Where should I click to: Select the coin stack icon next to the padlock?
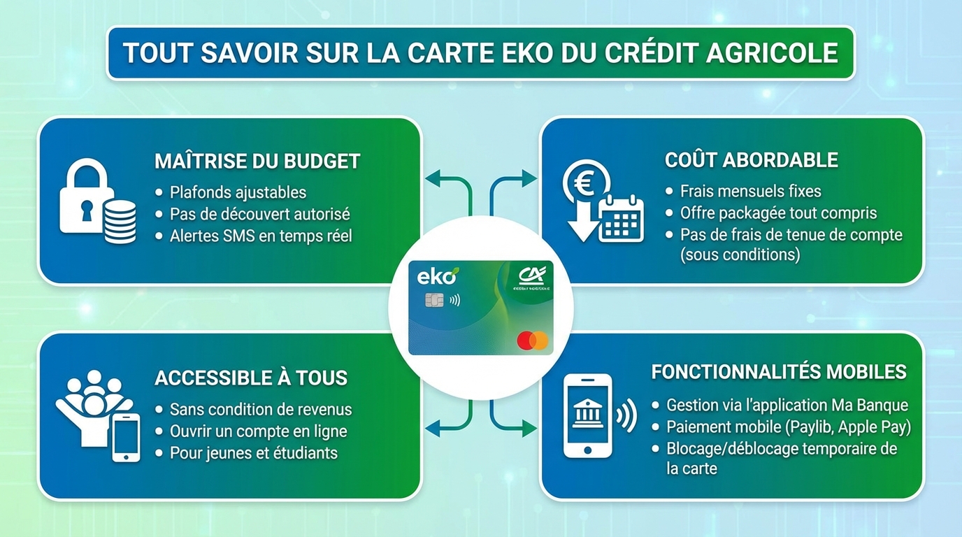coord(120,220)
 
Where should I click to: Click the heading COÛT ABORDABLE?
coord(751,160)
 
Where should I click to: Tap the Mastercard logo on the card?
coord(533,341)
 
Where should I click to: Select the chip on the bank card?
coord(433,300)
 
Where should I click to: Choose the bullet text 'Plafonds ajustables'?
coord(238,192)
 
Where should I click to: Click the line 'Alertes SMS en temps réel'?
coord(260,236)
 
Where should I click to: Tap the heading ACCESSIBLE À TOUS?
coord(251,378)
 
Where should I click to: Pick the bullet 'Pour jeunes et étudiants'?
coord(253,453)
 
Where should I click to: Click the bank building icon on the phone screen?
coord(586,415)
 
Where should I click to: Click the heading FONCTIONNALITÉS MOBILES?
coord(779,371)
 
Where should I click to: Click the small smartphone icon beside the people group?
coord(126,437)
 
